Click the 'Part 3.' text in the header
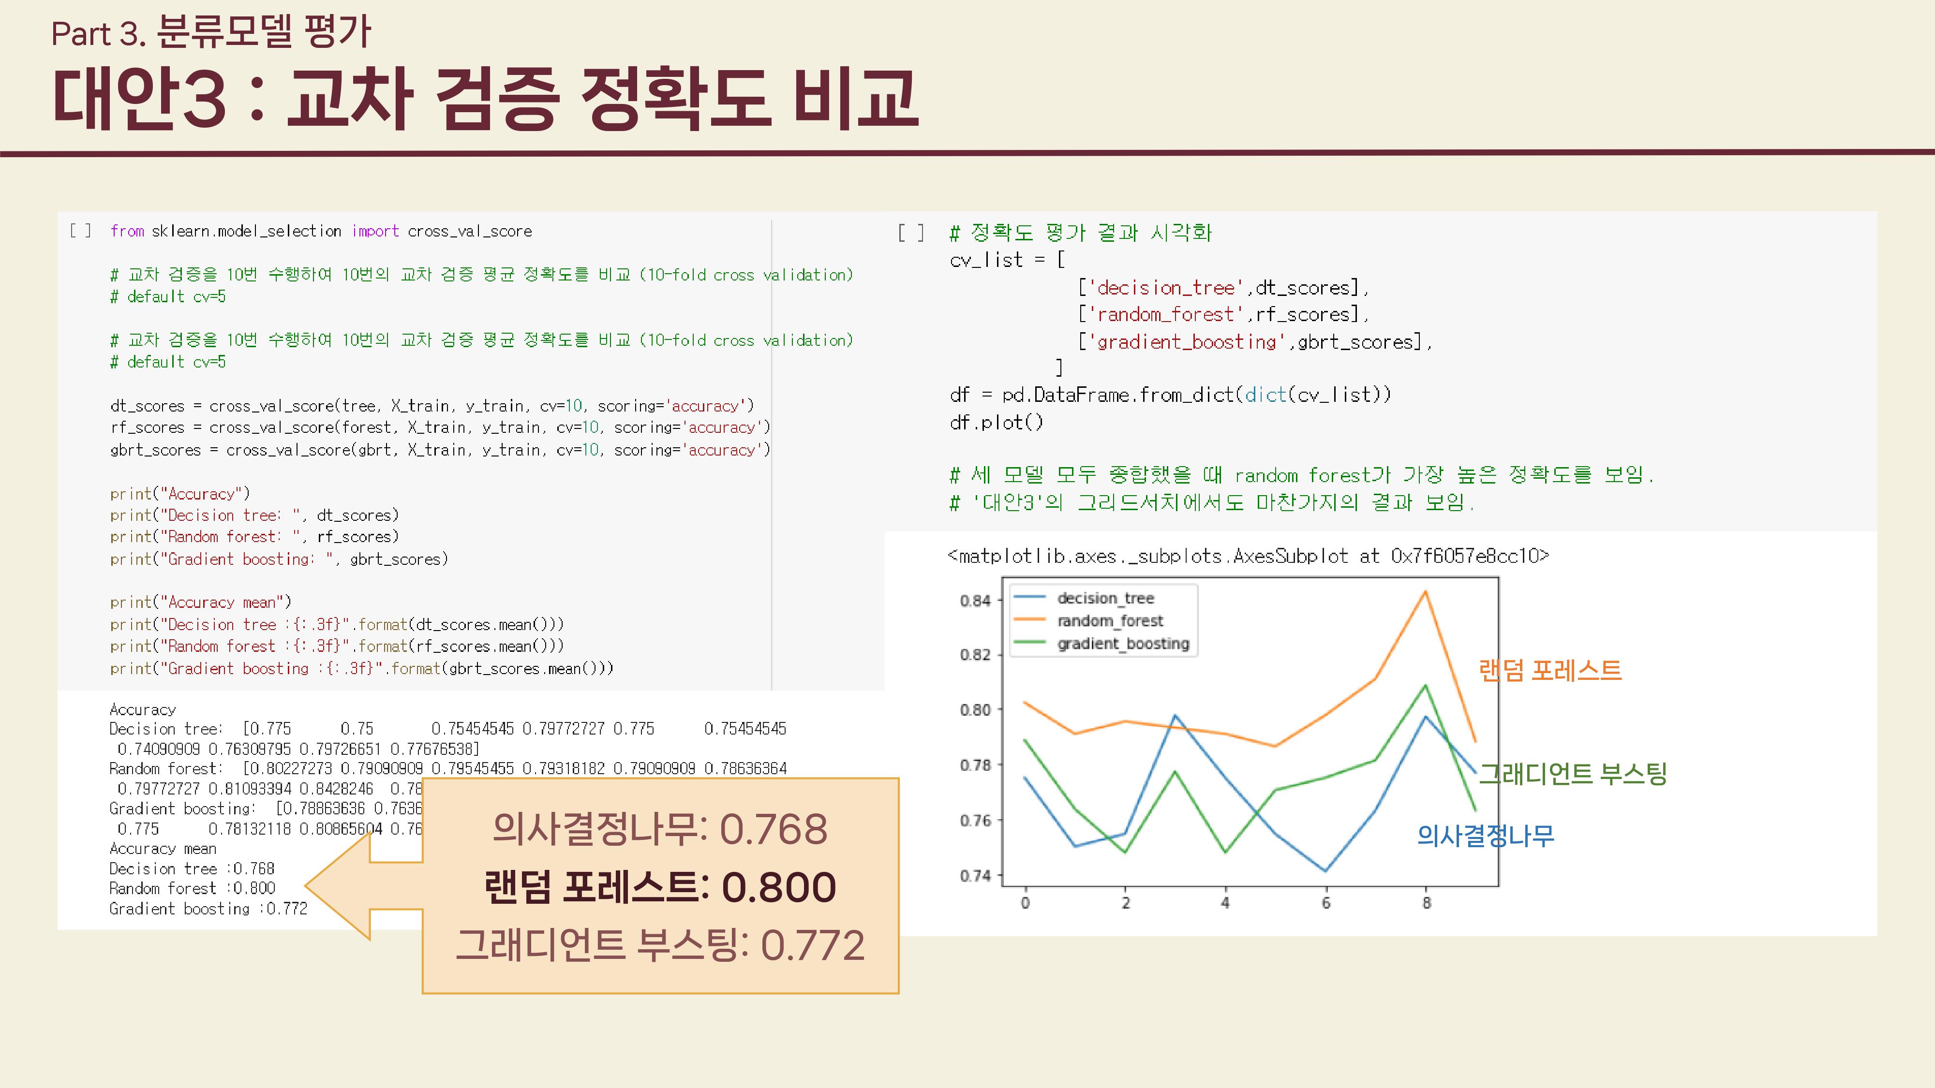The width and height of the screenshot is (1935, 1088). pyautogui.click(x=98, y=34)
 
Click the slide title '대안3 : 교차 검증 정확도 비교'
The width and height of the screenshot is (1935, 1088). pyautogui.click(x=485, y=99)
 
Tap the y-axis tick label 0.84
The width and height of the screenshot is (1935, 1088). pyautogui.click(x=975, y=601)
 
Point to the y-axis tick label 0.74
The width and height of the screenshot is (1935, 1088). pyautogui.click(x=975, y=876)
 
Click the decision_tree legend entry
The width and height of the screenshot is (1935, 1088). pyautogui.click(x=1105, y=599)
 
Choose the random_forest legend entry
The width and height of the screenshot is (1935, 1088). pyautogui.click(x=1109, y=621)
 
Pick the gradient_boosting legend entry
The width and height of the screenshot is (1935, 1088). pyautogui.click(x=1123, y=644)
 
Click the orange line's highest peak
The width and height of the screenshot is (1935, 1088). pyautogui.click(x=1425, y=592)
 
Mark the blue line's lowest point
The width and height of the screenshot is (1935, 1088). pyautogui.click(x=1326, y=870)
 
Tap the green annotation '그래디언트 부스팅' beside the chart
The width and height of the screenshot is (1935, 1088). pyautogui.click(x=1572, y=773)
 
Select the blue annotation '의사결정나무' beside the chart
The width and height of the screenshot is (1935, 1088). pyautogui.click(x=1485, y=836)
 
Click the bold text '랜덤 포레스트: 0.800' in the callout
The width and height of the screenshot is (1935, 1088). pyautogui.click(x=659, y=887)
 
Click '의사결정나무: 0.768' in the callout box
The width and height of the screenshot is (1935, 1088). pyautogui.click(x=659, y=829)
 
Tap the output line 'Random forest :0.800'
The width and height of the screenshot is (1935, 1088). pyautogui.click(x=193, y=888)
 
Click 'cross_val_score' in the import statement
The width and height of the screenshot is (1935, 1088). pyautogui.click(x=469, y=231)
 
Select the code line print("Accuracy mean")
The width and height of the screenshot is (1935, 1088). pyautogui.click(x=201, y=602)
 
